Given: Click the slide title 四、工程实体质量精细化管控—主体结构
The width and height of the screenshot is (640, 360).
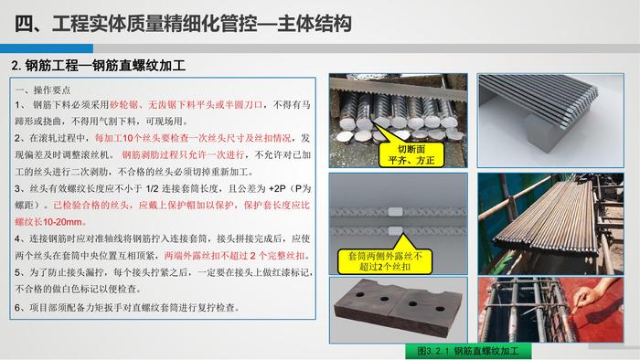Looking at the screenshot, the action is tap(183, 23).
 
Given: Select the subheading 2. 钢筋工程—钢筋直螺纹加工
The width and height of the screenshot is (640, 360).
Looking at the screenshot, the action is tap(99, 65).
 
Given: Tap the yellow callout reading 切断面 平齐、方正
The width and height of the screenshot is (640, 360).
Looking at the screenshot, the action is tap(411, 154).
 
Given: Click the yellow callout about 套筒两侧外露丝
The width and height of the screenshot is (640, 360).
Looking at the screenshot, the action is tap(385, 261).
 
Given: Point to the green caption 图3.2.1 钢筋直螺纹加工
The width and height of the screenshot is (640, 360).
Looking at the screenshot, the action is tap(468, 351).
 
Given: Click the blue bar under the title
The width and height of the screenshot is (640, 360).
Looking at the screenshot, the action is tap(47, 48).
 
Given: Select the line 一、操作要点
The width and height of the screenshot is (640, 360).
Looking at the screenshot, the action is tap(42, 90).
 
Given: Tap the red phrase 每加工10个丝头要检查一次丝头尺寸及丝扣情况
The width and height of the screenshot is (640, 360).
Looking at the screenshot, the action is tap(193, 138).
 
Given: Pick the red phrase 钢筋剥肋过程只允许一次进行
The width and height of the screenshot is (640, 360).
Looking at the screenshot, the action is tap(183, 155).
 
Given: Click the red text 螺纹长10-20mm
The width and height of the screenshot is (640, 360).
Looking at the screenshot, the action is tap(50, 222).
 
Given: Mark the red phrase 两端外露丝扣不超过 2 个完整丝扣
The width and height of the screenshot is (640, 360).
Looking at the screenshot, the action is tap(237, 256).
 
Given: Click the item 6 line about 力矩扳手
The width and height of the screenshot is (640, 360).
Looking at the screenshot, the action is tap(126, 307).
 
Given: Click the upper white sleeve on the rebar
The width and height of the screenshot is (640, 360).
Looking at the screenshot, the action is tap(395, 212).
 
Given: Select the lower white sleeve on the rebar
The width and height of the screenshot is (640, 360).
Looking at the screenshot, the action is tap(395, 230).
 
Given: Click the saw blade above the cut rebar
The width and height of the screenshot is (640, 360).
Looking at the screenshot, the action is tap(398, 90).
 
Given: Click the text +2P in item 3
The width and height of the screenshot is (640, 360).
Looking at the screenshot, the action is tap(277, 189).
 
